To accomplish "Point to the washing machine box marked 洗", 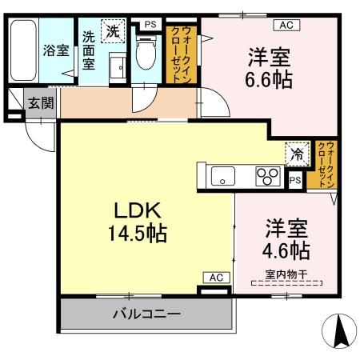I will (114, 33).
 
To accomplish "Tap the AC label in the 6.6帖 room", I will (286, 25).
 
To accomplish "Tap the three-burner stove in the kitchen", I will (267, 176).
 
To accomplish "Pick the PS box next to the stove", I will (295, 181).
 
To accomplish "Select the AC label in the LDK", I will (214, 277).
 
